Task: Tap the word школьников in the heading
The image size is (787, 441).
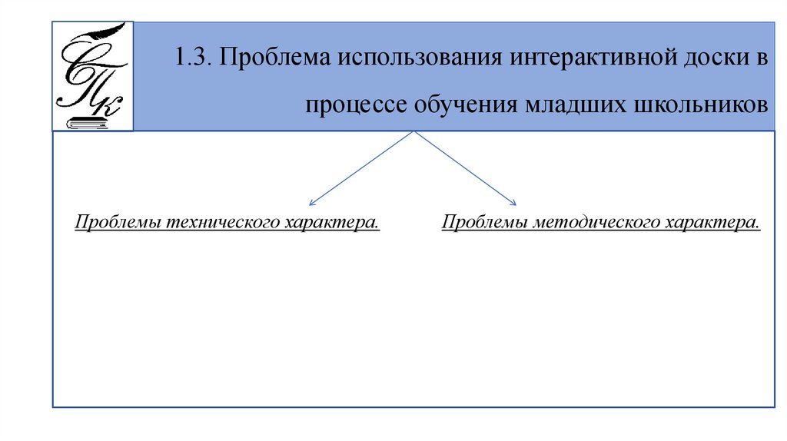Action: pos(697,104)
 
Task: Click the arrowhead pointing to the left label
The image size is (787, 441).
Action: pos(311,203)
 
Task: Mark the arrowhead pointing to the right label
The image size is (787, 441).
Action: pos(513,203)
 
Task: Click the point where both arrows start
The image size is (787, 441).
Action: pos(415,132)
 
